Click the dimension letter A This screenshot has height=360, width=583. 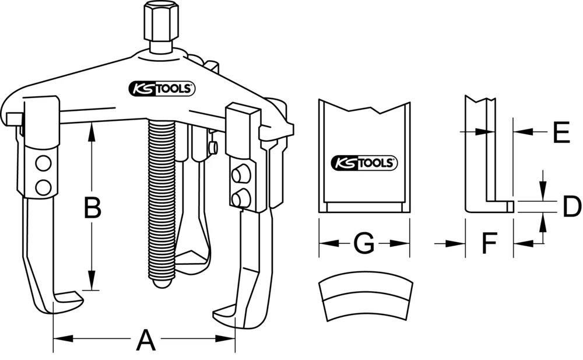coord(146,340)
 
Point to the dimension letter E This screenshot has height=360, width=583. coord(560,133)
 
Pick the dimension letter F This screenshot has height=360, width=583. coord(489,244)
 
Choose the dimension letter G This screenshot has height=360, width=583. coord(364,244)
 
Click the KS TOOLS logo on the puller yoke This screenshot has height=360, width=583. coord(161,88)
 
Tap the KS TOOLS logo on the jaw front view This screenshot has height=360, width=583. coord(364,163)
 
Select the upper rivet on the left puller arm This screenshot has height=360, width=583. coord(42,164)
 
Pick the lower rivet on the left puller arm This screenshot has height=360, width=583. coord(42,186)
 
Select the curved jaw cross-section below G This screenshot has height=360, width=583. coord(366,298)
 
